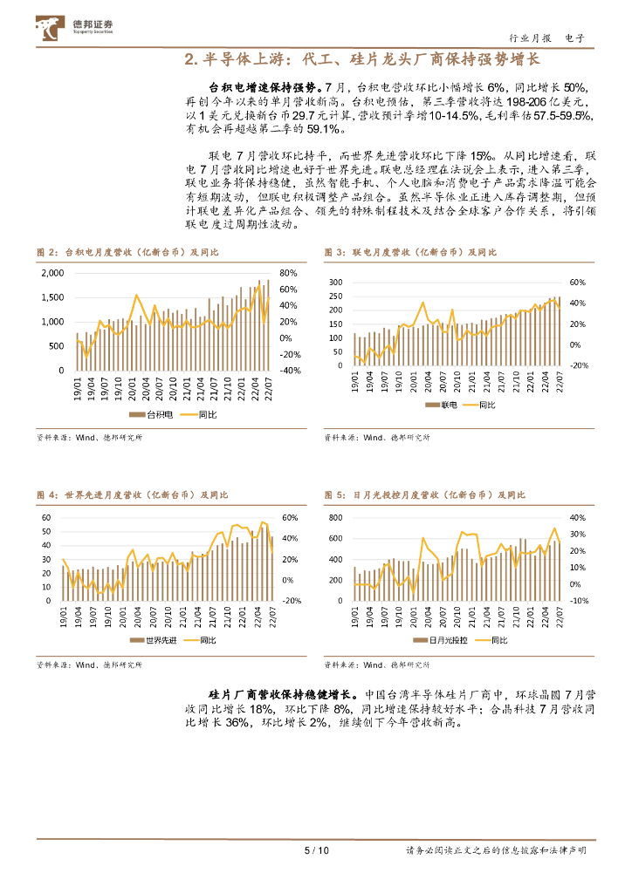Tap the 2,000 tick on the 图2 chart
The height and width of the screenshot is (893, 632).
tap(52, 273)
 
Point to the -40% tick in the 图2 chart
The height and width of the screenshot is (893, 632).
tap(290, 371)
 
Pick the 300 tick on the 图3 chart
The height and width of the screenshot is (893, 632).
tap(336, 283)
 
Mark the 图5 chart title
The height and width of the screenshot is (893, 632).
tap(425, 495)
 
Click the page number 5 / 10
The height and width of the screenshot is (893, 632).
tap(315, 850)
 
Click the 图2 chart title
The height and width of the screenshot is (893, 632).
tap(127, 252)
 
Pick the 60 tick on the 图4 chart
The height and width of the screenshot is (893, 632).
tap(47, 517)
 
